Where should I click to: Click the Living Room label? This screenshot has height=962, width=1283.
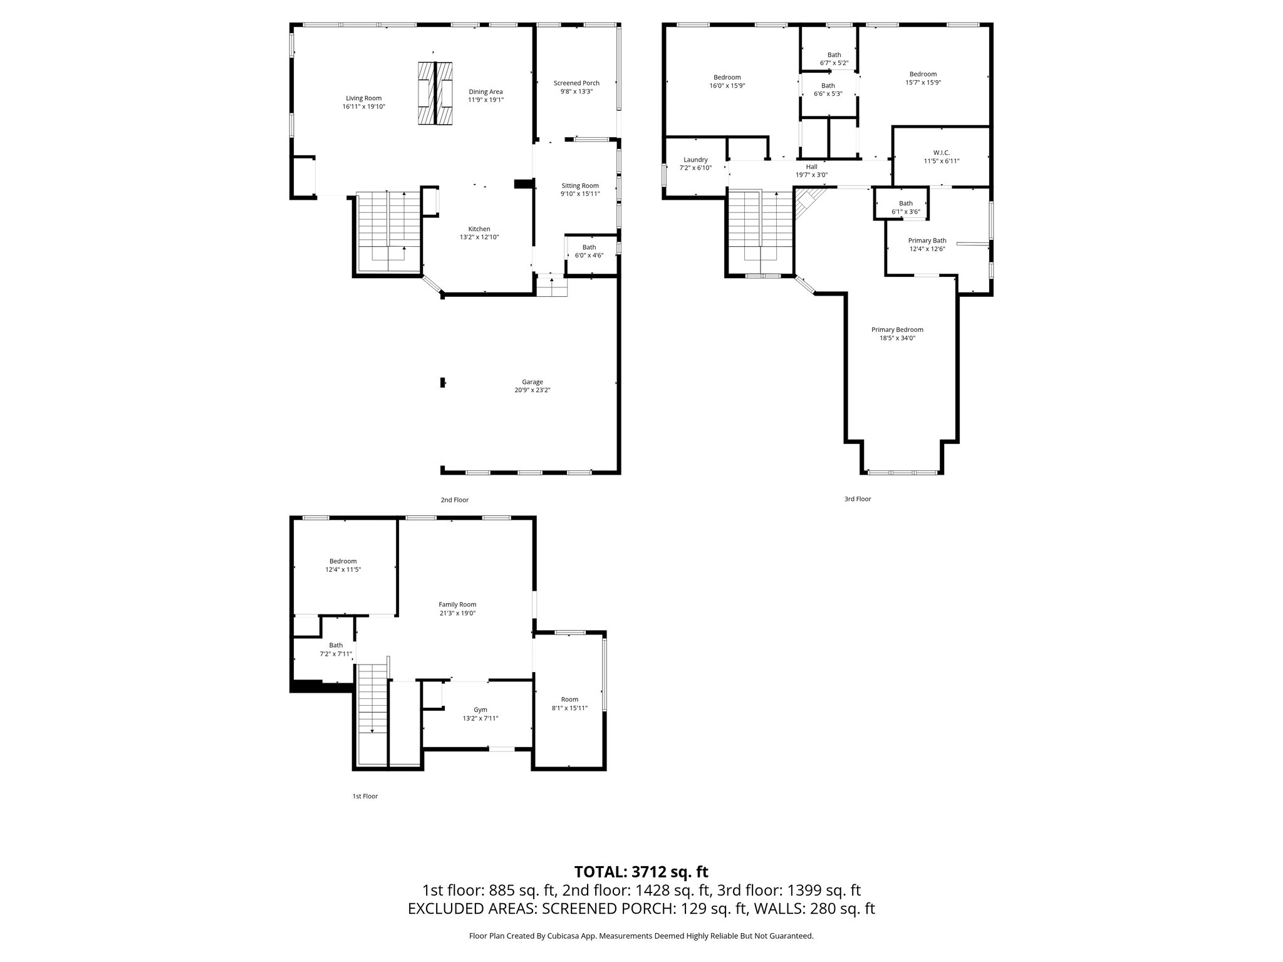(x=363, y=98)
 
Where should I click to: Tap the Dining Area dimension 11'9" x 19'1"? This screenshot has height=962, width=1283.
(x=486, y=100)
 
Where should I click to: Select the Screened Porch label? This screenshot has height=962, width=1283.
(x=576, y=83)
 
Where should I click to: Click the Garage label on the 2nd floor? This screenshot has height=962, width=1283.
(x=532, y=382)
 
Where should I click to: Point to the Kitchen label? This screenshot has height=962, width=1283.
(x=479, y=229)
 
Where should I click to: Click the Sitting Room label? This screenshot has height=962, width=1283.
(x=579, y=185)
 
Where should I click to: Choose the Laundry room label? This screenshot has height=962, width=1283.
(x=695, y=160)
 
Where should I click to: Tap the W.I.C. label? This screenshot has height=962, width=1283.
(x=942, y=153)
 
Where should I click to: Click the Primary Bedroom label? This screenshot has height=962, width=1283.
(x=897, y=329)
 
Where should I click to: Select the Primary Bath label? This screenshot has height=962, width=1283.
(x=927, y=240)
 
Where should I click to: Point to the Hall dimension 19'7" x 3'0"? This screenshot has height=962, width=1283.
(x=812, y=175)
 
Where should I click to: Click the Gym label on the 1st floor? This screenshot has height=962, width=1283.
(x=480, y=710)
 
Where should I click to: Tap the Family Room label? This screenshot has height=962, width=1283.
(x=457, y=604)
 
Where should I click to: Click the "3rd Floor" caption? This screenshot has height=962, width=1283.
(x=858, y=499)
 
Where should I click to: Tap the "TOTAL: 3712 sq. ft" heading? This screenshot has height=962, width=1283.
(x=641, y=872)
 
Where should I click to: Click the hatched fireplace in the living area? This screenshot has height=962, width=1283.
(x=435, y=94)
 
